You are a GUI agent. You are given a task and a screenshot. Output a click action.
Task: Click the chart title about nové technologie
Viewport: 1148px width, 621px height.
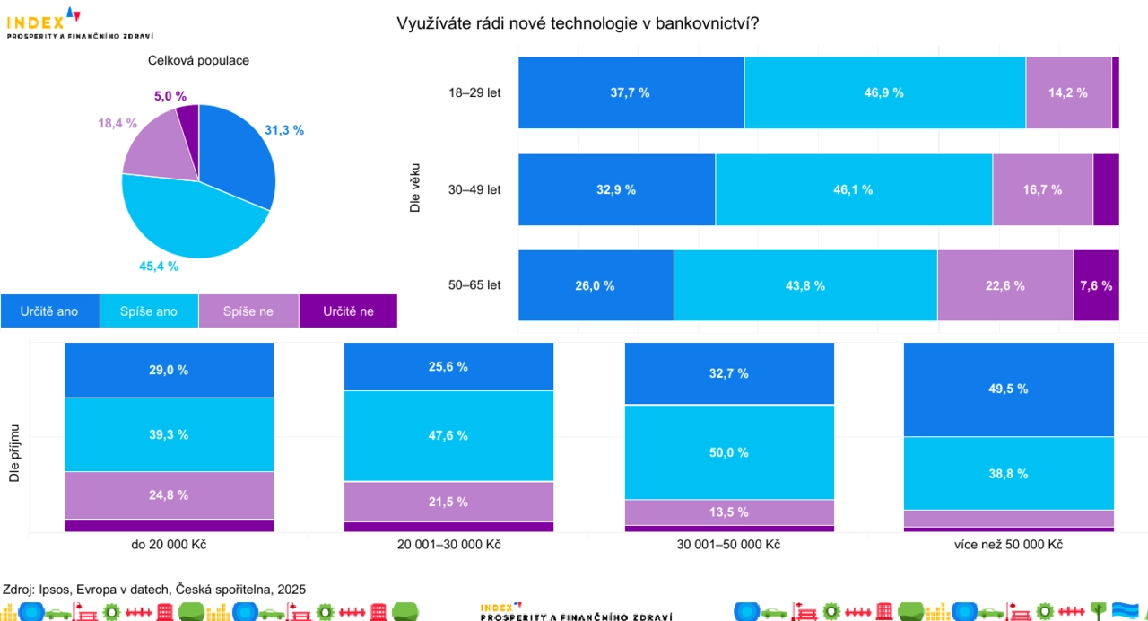[x=578, y=23]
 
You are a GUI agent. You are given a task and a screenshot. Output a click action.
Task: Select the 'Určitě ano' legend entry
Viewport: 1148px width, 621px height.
[x=49, y=311]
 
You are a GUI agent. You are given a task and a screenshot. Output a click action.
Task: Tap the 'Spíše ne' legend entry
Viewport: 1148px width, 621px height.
[x=248, y=311]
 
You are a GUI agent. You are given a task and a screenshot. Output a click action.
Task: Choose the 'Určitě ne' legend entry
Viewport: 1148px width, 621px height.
[x=347, y=311]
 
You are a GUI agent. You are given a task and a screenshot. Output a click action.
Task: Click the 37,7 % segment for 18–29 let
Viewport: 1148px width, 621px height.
[x=631, y=92]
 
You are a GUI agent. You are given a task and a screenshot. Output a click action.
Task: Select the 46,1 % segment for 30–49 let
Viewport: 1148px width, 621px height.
[x=853, y=189]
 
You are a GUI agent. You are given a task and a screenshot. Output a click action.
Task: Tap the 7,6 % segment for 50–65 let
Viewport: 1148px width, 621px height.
[x=1096, y=285]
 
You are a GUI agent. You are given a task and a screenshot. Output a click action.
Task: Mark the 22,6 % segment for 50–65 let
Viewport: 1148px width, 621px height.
[x=1004, y=285]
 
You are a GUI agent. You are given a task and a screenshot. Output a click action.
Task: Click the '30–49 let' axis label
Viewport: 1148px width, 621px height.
[x=474, y=189]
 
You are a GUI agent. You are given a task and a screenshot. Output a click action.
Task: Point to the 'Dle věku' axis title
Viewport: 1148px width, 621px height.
[x=414, y=188]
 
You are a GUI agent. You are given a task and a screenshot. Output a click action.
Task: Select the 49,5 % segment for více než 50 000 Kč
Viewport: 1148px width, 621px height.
[x=1008, y=389]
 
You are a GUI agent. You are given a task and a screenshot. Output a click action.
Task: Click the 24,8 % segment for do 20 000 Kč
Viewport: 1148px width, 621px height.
[x=169, y=494]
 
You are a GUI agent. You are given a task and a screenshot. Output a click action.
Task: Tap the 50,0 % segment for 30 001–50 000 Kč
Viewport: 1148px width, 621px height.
[x=729, y=452]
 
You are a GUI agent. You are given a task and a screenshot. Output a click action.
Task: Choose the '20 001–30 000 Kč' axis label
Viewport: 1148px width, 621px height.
[x=448, y=546]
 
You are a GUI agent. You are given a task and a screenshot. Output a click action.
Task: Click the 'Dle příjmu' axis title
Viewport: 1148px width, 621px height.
[x=14, y=454]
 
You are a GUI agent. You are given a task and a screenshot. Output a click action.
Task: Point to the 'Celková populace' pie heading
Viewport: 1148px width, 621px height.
[x=198, y=61]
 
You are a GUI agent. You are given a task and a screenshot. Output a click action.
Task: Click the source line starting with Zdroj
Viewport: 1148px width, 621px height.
[x=154, y=590]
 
